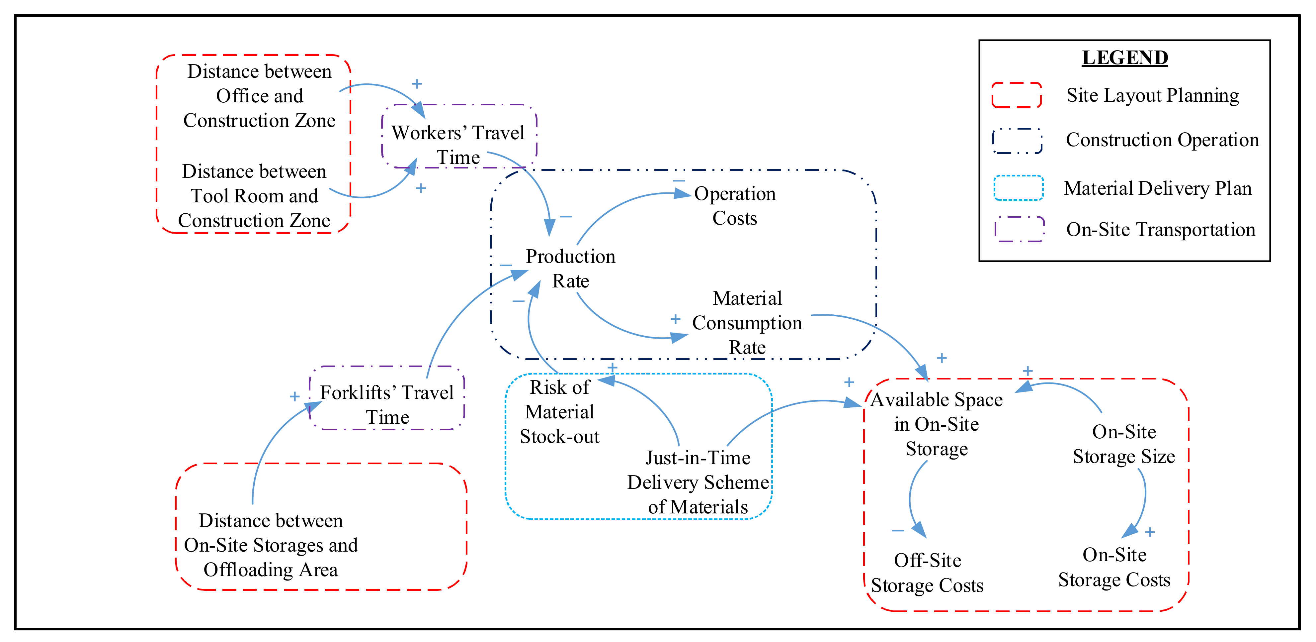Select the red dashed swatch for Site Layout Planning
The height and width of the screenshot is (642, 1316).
click(1016, 95)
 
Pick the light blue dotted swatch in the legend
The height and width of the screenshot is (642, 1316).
click(1018, 188)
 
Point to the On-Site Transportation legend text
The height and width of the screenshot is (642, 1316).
click(1160, 230)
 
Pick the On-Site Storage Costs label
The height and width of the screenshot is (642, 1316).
click(1114, 567)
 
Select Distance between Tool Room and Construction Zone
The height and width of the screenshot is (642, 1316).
click(254, 196)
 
